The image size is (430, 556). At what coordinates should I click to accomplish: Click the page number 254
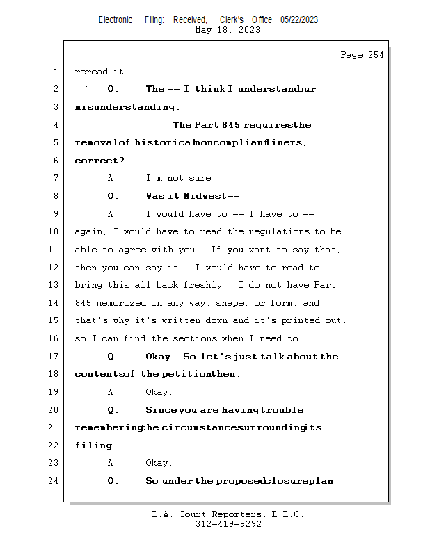(376, 56)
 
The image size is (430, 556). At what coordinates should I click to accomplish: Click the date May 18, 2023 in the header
(228, 30)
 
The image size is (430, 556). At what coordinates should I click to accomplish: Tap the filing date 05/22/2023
(299, 20)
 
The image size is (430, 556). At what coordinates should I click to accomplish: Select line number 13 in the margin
(54, 285)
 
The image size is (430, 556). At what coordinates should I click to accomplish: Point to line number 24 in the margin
(54, 481)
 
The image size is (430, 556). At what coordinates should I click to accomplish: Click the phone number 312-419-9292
(228, 525)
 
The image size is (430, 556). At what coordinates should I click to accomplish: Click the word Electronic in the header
(116, 20)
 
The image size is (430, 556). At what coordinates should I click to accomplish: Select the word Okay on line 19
(159, 392)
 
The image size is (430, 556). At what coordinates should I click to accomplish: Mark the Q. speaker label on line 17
(113, 357)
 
